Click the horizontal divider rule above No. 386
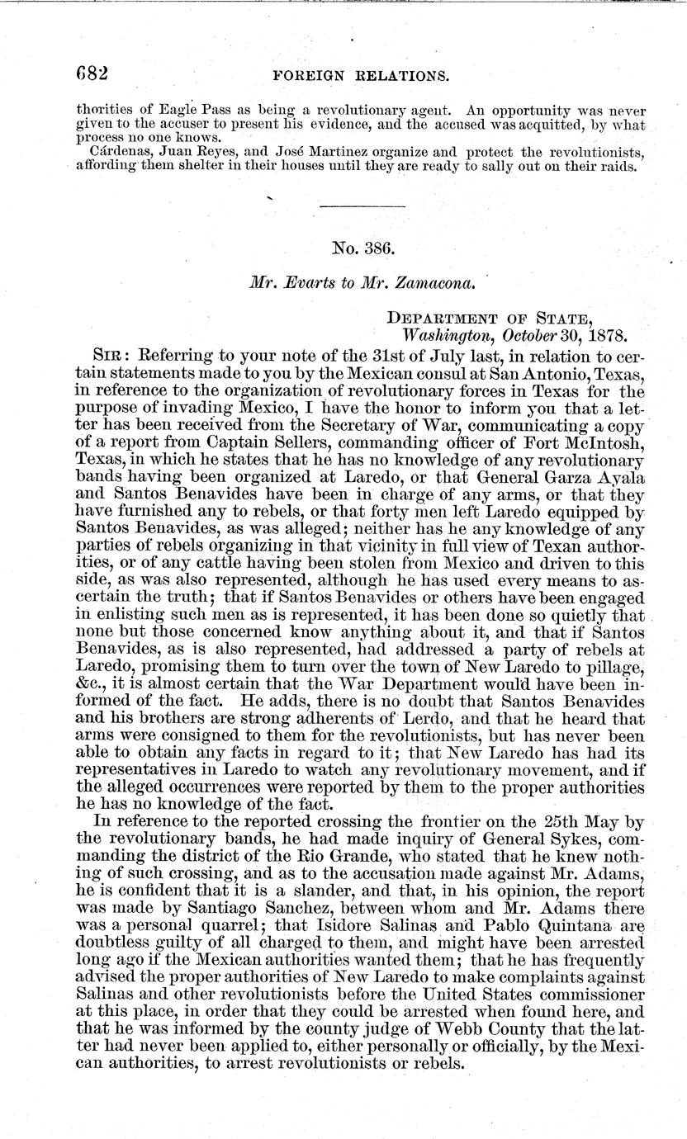coord(362,205)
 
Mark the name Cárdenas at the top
coord(121,151)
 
